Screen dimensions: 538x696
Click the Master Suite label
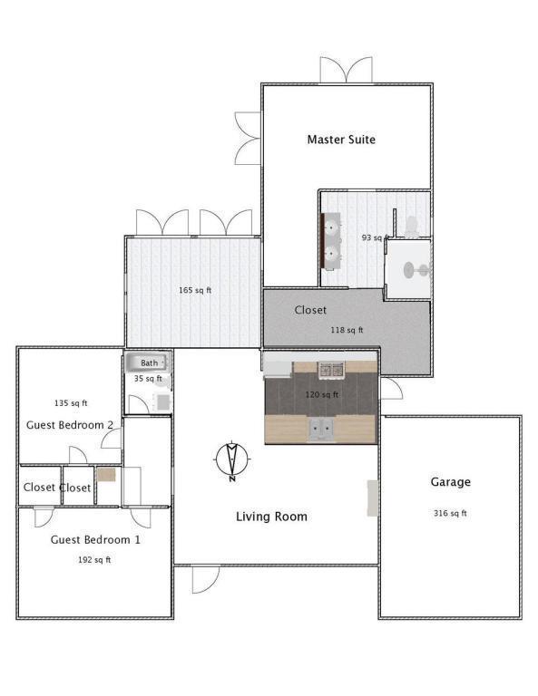pyautogui.click(x=341, y=140)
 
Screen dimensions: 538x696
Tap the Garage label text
pyautogui.click(x=451, y=481)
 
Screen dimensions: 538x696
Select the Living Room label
pyautogui.click(x=271, y=517)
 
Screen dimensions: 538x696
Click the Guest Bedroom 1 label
pyautogui.click(x=95, y=540)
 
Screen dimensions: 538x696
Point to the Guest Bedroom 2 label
pyautogui.click(x=70, y=425)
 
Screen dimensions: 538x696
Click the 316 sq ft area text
pyautogui.click(x=450, y=513)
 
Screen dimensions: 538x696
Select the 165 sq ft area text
pyautogui.click(x=195, y=290)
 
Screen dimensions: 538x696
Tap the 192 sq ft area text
pyautogui.click(x=94, y=560)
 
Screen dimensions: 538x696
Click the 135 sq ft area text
pyautogui.click(x=71, y=403)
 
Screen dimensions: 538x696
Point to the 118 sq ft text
pyautogui.click(x=347, y=330)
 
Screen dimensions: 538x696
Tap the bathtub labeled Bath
pyautogui.click(x=147, y=362)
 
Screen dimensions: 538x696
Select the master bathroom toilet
pyautogui.click(x=412, y=227)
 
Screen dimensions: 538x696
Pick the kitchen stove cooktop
pyautogui.click(x=331, y=370)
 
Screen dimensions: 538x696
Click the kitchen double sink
pyautogui.click(x=321, y=428)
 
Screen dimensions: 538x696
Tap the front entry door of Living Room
pyautogui.click(x=206, y=579)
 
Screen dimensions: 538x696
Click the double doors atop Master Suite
pyautogui.click(x=346, y=69)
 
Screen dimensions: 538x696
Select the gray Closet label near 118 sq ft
pyautogui.click(x=310, y=310)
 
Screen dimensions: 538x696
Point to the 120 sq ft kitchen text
pyautogui.click(x=322, y=394)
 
